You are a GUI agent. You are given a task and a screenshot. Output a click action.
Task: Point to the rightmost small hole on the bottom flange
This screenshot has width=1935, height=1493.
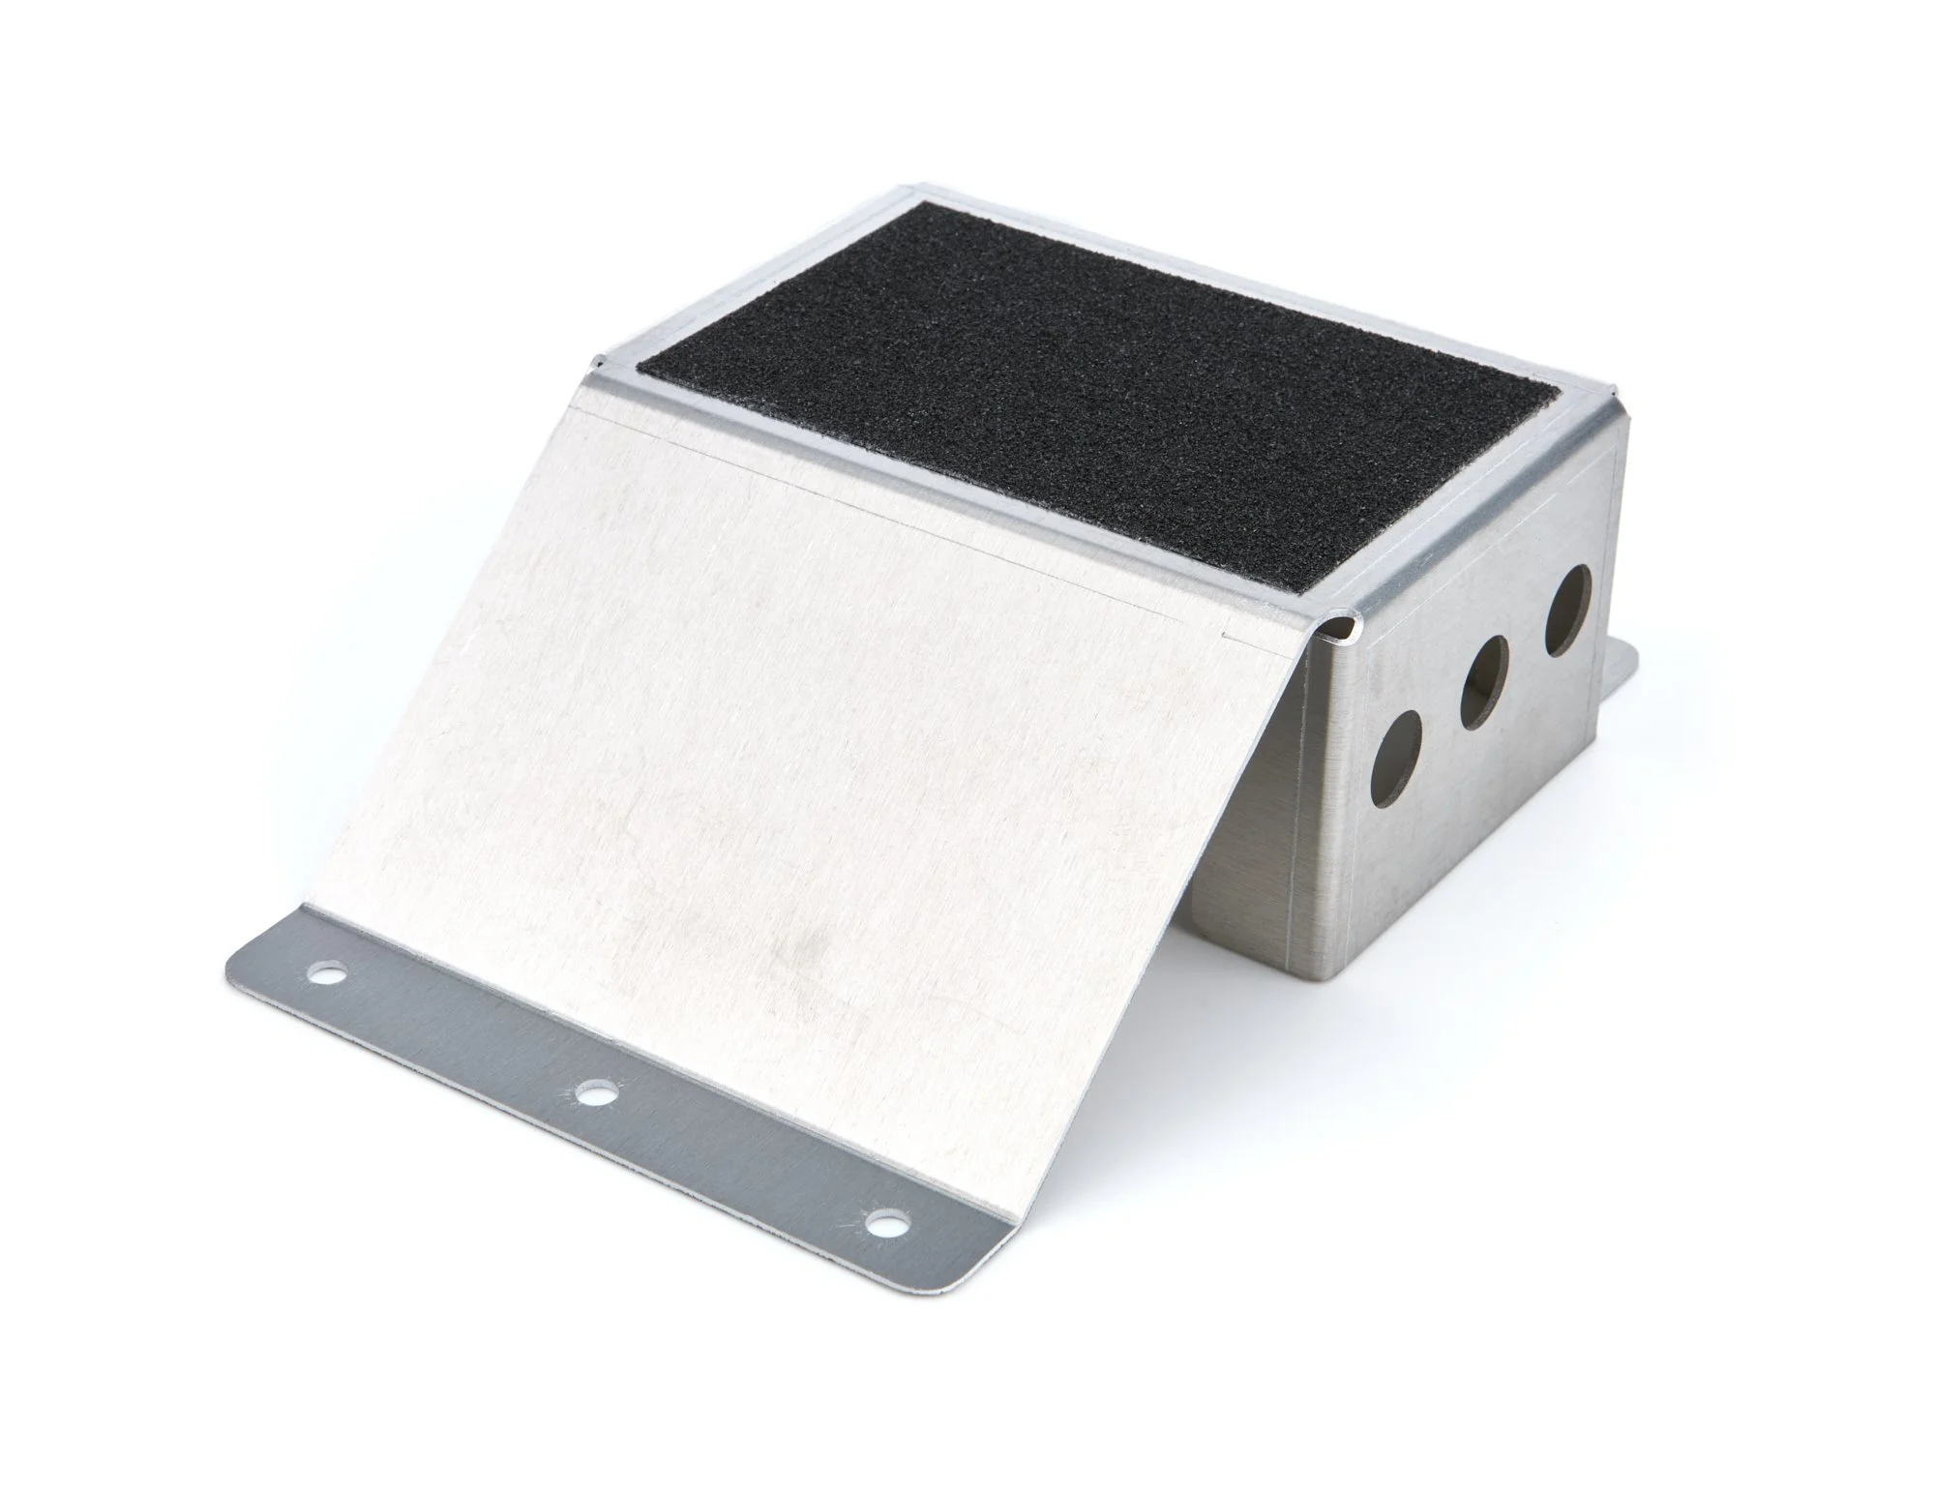tap(880, 1221)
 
